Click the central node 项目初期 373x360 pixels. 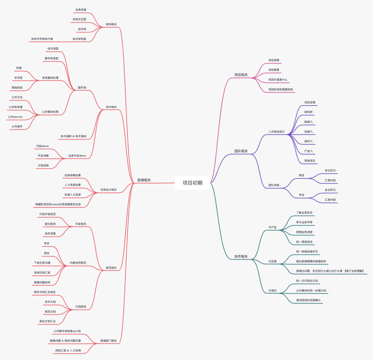[192, 183]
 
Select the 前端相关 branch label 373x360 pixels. [144, 180]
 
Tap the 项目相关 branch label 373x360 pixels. [241, 75]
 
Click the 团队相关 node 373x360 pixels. [241, 151]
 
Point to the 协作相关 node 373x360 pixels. [241, 256]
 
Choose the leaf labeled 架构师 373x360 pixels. [308, 112]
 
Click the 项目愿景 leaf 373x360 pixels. [274, 70]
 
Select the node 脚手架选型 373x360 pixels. [51, 58]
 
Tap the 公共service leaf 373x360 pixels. [15, 117]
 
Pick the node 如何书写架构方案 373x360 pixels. [42, 39]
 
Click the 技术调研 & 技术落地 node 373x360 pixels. [73, 136]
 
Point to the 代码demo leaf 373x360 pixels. [42, 146]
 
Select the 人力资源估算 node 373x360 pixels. [73, 185]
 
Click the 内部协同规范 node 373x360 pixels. [78, 263]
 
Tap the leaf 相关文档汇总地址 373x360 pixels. [45, 292]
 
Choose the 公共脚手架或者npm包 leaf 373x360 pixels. [67, 331]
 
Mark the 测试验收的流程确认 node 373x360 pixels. [308, 300]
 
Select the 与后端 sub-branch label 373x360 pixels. [272, 261]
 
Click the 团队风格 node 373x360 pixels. [274, 185]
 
